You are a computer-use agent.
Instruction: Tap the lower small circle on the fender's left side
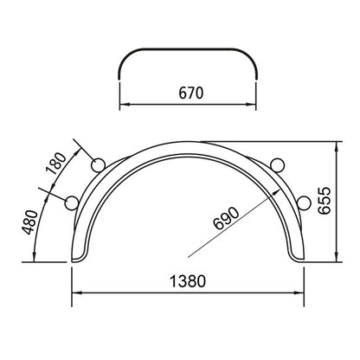point(73,202)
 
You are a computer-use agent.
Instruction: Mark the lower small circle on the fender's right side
point(305,202)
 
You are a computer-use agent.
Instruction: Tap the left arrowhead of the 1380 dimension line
point(73,292)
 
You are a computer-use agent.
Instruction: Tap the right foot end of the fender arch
point(299,259)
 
